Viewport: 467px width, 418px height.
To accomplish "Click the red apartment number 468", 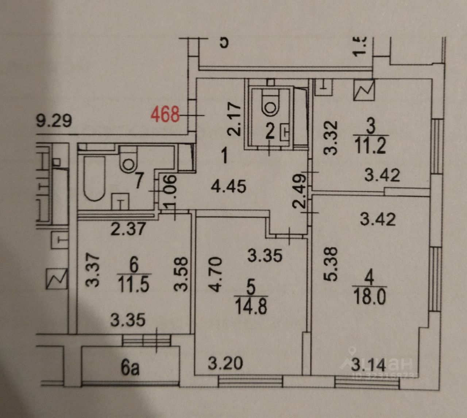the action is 166,114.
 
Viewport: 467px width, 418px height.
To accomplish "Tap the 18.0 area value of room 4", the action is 370,297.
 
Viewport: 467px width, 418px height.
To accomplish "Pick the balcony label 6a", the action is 130,368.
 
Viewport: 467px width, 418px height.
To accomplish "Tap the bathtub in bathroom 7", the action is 94,179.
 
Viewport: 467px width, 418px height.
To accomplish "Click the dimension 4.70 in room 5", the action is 216,274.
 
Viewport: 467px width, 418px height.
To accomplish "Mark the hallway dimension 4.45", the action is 229,187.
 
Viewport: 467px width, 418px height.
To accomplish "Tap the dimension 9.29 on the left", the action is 54,120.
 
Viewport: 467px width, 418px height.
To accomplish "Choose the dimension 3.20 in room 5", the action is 225,363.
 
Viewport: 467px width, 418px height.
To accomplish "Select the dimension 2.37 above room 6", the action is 128,229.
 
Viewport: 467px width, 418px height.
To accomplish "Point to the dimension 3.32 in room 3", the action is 331,138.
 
